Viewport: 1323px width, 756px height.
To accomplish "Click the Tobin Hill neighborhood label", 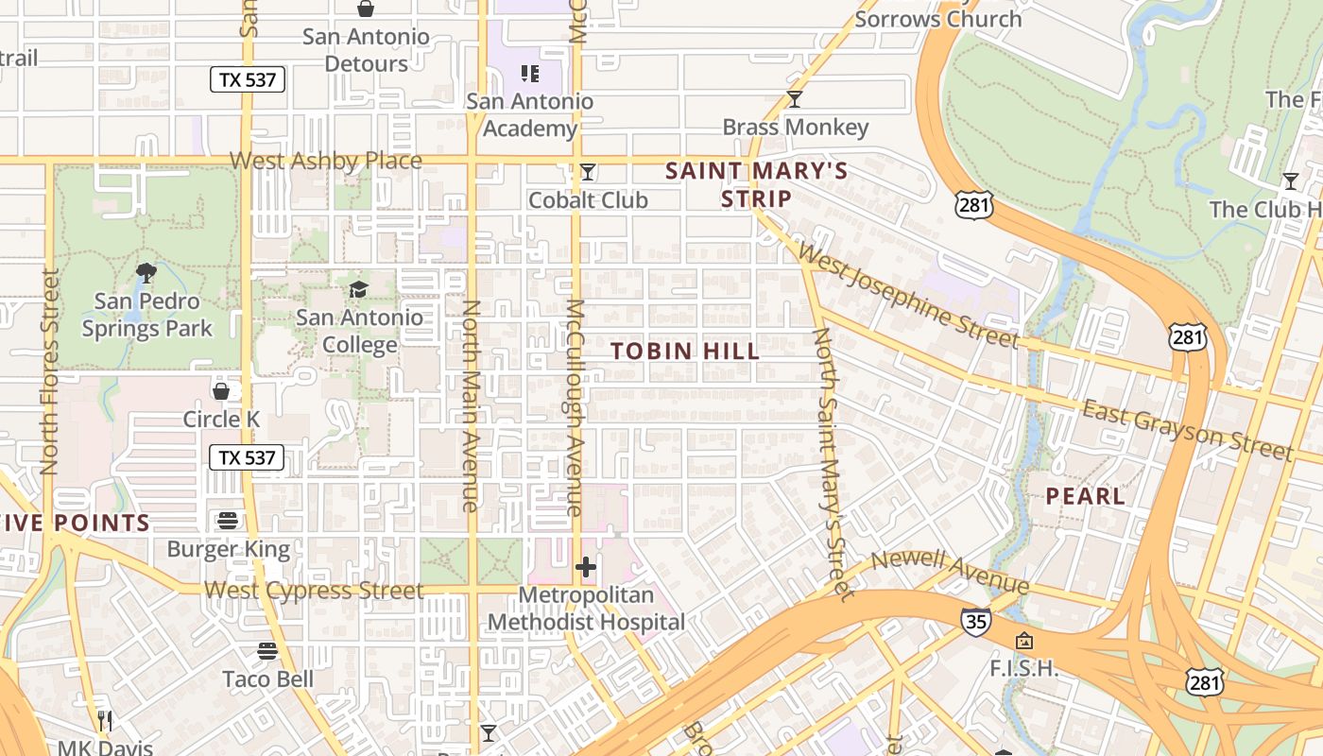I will pos(685,352).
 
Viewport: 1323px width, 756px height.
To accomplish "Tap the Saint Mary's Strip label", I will pos(756,185).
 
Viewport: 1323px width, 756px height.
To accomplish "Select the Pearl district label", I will pos(1085,496).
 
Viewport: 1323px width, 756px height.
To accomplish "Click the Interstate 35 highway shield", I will pos(976,621).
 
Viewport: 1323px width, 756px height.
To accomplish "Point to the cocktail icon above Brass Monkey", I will pos(795,99).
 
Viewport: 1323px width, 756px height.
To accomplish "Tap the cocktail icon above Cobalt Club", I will pos(588,172).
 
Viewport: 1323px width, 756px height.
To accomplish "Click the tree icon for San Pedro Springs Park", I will pos(146,274).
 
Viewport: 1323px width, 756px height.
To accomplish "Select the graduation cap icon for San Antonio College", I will pos(359,289).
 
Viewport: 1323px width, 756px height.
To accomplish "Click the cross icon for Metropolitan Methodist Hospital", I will pos(586,567).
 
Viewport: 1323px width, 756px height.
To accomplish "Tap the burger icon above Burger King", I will pos(228,521).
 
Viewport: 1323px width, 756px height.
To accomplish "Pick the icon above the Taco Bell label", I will pos(267,651).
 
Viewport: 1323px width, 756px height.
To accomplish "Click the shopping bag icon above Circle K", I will pos(221,390).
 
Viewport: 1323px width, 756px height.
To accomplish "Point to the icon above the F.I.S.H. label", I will pos(1023,641).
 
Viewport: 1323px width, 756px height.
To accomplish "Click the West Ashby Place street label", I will pos(326,161).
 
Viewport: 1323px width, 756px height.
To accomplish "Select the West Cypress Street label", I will pos(314,591).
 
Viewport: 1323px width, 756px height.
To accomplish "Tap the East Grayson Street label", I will pos(1187,429).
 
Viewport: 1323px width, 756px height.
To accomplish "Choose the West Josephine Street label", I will pos(908,295).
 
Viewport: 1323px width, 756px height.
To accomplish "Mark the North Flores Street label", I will pos(50,371).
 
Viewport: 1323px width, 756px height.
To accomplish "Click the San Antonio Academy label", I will pos(530,114).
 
